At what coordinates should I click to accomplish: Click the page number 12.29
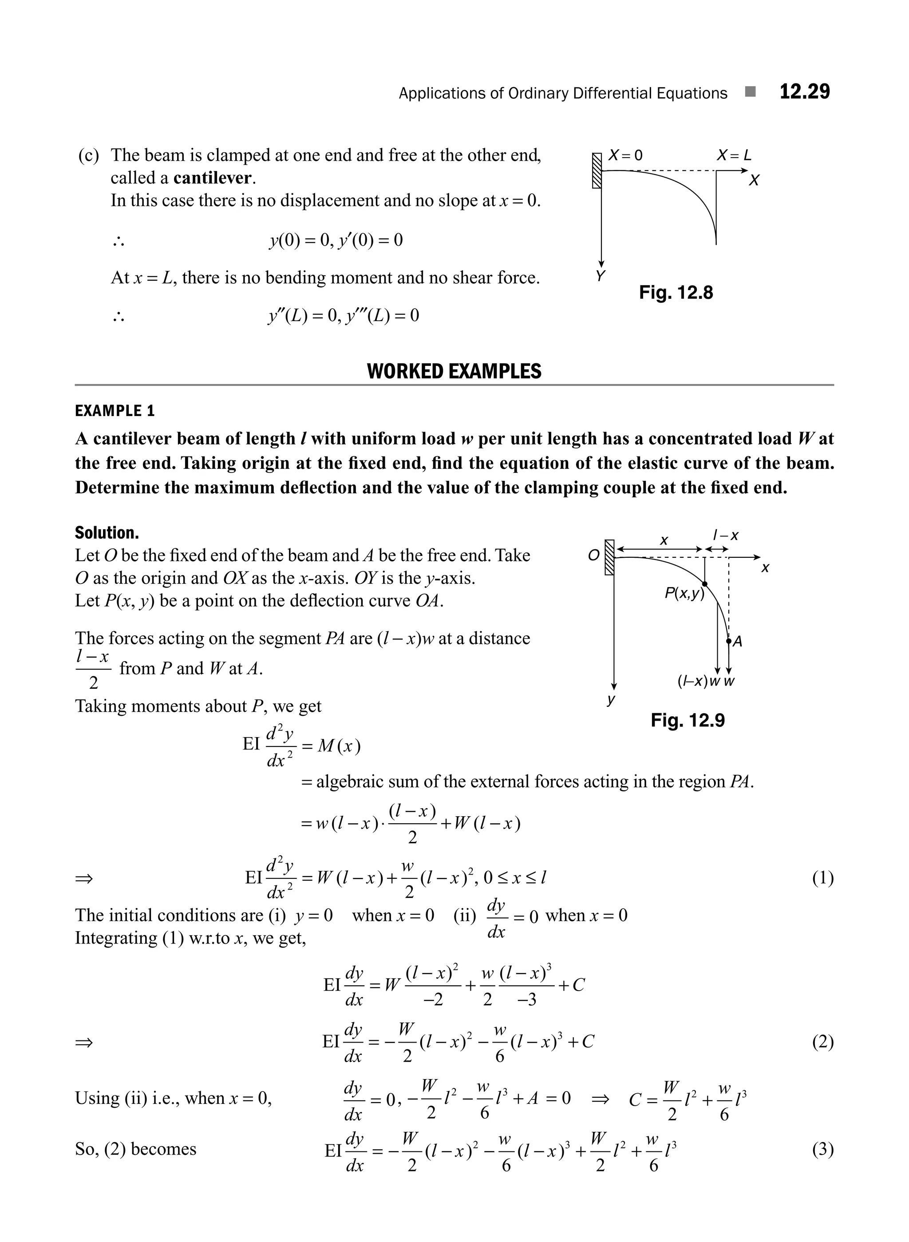(x=804, y=91)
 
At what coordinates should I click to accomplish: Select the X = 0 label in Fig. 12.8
(x=625, y=155)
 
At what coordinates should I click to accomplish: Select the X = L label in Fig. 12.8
(x=734, y=155)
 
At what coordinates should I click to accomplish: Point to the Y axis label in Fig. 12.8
(x=601, y=276)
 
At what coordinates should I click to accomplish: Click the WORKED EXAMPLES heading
(x=454, y=371)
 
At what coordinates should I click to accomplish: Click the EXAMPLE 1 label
(x=115, y=411)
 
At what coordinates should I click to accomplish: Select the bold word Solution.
(x=107, y=532)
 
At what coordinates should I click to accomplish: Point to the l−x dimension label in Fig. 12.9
(x=725, y=535)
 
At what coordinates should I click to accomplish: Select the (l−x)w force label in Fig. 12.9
(x=699, y=682)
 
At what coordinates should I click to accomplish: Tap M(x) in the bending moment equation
(x=340, y=746)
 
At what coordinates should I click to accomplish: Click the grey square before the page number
(x=750, y=92)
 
